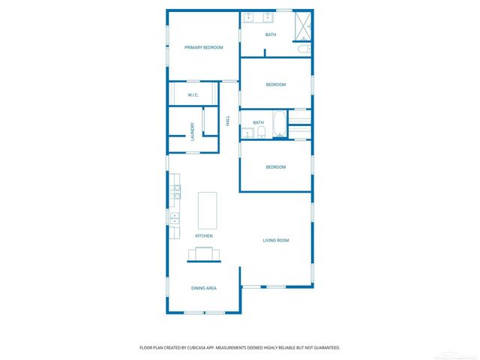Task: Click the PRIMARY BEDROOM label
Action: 204,48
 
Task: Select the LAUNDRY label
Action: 193,131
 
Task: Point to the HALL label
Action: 228,120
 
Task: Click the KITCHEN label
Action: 204,236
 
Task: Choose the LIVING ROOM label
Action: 275,241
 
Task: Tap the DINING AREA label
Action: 204,288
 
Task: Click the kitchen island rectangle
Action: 207,211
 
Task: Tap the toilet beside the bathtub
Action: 260,133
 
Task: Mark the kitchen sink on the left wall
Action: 174,219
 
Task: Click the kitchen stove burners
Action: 175,192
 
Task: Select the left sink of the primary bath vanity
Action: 250,18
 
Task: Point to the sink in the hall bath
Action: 246,133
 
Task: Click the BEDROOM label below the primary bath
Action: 276,85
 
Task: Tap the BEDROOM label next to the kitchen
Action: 276,167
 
